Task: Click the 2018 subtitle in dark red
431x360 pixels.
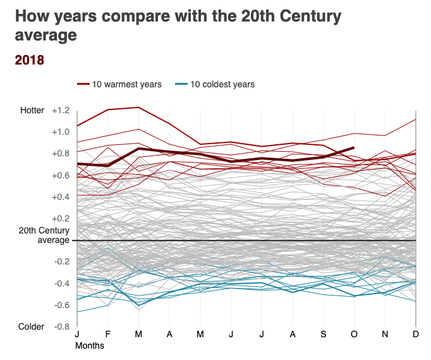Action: coord(29,60)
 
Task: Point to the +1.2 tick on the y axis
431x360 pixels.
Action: coord(61,111)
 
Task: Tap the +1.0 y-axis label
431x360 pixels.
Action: coord(61,132)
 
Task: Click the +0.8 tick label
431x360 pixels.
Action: coord(61,154)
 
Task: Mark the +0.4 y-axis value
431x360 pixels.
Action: coord(61,197)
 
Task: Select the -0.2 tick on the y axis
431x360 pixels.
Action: coord(61,262)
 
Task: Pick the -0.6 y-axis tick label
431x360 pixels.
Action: coord(61,305)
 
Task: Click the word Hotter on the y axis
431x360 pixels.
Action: coord(32,111)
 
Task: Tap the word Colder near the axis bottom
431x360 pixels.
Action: coord(32,326)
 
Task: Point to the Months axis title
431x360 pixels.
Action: coord(90,346)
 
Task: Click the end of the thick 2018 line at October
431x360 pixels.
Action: coord(354,147)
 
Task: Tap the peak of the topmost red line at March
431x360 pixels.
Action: coord(138,108)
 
